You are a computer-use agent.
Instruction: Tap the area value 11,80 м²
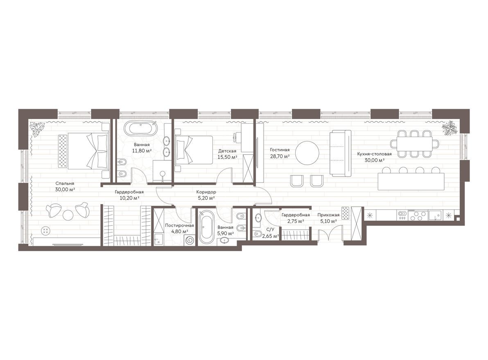[142, 151]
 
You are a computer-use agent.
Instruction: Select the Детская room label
[227, 151]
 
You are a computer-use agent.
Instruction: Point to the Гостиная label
[280, 150]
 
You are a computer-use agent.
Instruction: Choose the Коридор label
[206, 192]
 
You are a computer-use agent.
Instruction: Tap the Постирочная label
[179, 225]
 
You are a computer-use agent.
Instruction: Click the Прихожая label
[328, 215]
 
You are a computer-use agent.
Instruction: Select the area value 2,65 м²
[270, 236]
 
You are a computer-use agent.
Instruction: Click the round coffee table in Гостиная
[307, 153]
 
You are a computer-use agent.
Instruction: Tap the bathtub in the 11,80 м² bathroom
[140, 128]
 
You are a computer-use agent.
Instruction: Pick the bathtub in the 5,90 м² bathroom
[206, 227]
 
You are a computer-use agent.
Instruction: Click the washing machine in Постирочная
[189, 240]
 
